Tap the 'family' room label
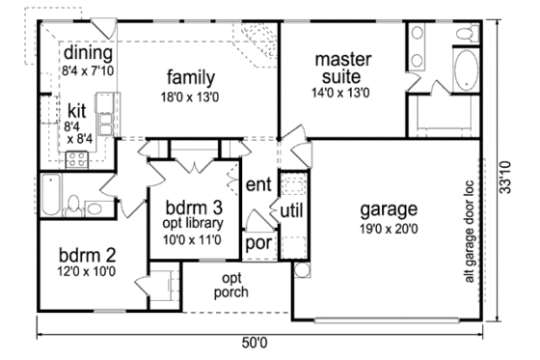(x=189, y=76)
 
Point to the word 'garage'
(x=388, y=208)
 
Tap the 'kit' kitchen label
(x=76, y=111)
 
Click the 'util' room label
(x=292, y=210)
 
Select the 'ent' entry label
(x=256, y=184)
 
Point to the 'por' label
(x=256, y=243)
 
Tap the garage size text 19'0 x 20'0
(x=388, y=229)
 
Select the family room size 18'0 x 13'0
(x=189, y=97)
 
